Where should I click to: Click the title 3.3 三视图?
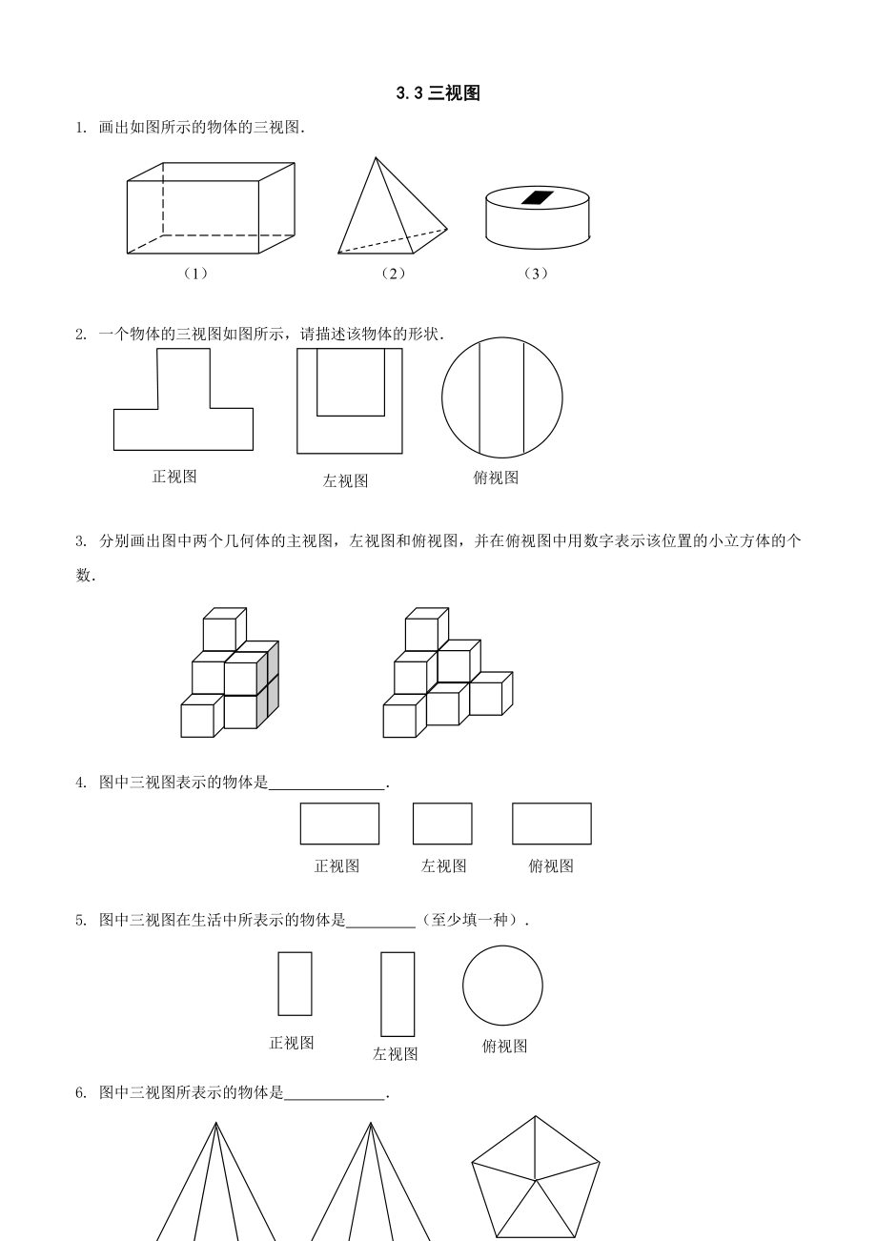[x=438, y=93]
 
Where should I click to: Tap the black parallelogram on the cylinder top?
[x=538, y=197]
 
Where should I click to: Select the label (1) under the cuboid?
[x=195, y=274]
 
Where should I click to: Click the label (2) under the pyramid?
[x=393, y=274]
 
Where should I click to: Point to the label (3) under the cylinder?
[x=537, y=274]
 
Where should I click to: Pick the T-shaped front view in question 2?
[x=183, y=410]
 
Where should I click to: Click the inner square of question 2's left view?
[x=350, y=381]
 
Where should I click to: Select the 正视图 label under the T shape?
[x=174, y=477]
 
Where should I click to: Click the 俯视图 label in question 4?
[x=551, y=866]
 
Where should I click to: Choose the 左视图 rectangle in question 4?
[x=442, y=824]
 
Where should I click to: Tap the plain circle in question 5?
[x=502, y=986]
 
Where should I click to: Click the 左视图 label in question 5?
[x=396, y=1054]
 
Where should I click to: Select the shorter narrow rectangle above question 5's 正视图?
[x=295, y=984]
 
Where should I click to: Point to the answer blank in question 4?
[x=328, y=784]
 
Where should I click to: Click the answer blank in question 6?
[x=335, y=1094]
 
